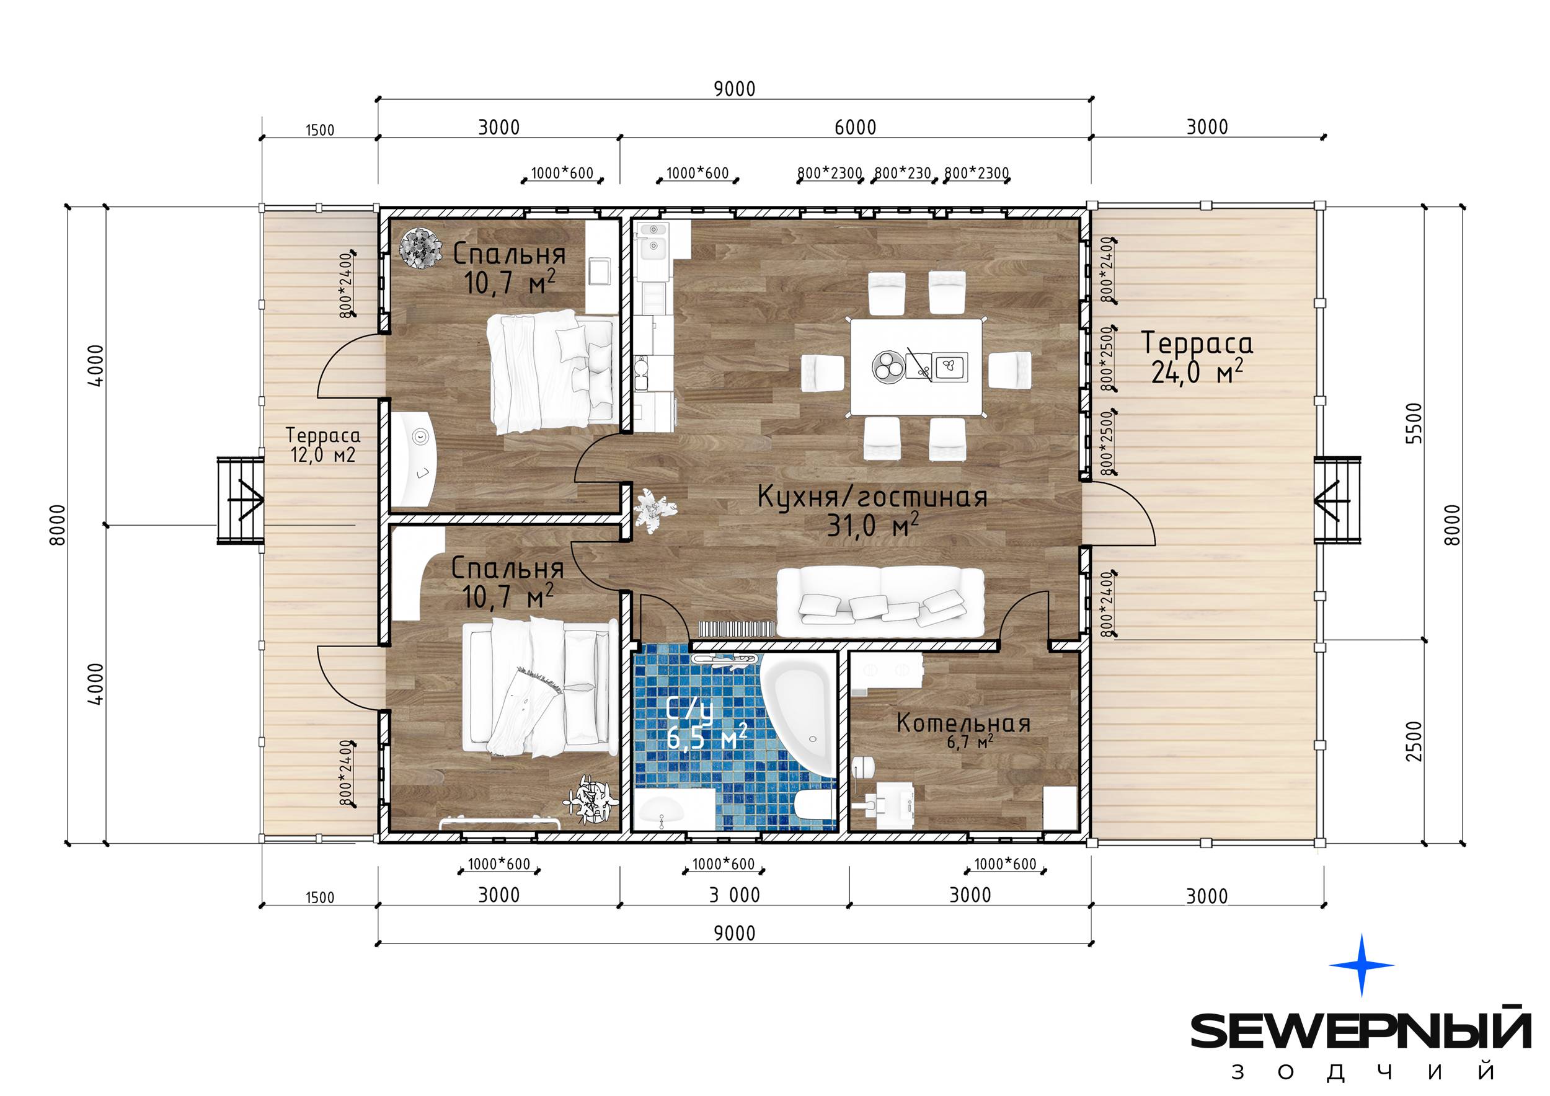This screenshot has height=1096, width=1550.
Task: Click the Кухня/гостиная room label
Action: [872, 497]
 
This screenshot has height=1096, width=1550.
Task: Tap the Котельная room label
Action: [963, 723]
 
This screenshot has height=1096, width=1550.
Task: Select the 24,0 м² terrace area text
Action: [1197, 373]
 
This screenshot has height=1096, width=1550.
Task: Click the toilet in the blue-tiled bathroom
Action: [815, 808]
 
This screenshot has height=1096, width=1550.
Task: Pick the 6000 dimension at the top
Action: [856, 127]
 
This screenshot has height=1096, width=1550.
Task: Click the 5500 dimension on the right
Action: [1413, 423]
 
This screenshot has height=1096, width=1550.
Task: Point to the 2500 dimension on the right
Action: [1413, 741]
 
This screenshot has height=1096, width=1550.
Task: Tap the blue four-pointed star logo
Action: [1361, 965]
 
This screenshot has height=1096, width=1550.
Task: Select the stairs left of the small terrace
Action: [240, 500]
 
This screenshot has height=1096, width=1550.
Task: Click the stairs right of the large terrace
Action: [1337, 500]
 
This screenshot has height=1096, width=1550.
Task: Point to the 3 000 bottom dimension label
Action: [735, 895]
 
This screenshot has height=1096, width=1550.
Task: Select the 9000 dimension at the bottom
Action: [735, 934]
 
